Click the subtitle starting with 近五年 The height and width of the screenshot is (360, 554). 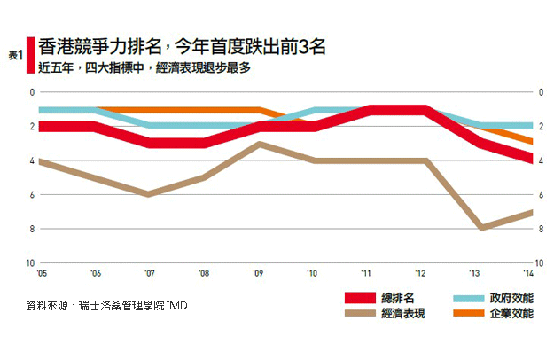[146, 67]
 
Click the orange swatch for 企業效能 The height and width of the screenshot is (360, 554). [464, 314]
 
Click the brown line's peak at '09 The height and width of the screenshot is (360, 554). [258, 144]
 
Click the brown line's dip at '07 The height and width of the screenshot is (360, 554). [149, 193]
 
